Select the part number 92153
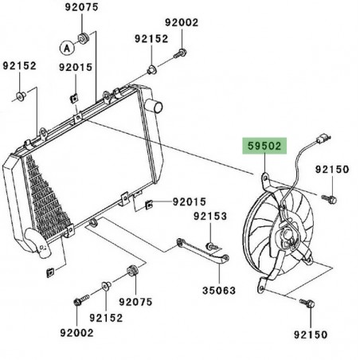coord(210,216)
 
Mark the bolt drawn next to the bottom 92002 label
coord(77,303)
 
